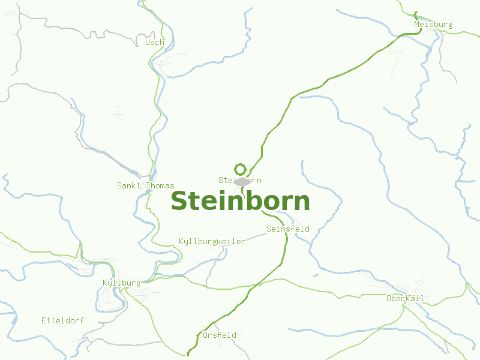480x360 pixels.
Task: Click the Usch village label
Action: click(154, 43)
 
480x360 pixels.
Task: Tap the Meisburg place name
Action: click(433, 25)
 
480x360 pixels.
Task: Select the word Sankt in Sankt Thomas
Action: click(128, 186)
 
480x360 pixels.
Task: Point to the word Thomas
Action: click(160, 186)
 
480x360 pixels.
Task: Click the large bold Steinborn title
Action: click(240, 202)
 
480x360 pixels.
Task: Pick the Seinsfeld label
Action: click(288, 229)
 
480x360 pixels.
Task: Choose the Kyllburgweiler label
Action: click(212, 242)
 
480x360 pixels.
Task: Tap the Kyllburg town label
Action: click(122, 283)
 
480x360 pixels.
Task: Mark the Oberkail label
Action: click(405, 298)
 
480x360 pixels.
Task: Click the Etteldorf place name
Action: click(62, 320)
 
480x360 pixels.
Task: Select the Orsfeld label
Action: click(220, 335)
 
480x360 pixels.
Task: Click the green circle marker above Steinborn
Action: click(241, 169)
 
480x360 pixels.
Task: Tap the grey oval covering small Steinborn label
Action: click(242, 181)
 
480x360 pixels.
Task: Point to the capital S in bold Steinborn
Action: click(179, 202)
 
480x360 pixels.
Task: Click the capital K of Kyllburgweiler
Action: click(181, 242)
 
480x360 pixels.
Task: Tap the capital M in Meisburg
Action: click(416, 25)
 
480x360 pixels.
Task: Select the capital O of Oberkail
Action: click(389, 298)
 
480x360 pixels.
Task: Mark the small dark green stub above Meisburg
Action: click(415, 14)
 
